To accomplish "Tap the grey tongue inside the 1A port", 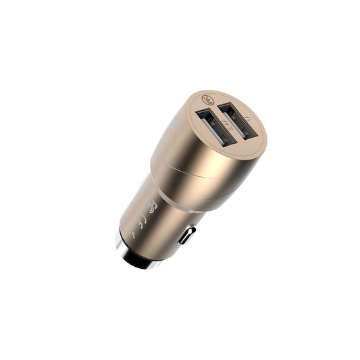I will pos(236,120).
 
